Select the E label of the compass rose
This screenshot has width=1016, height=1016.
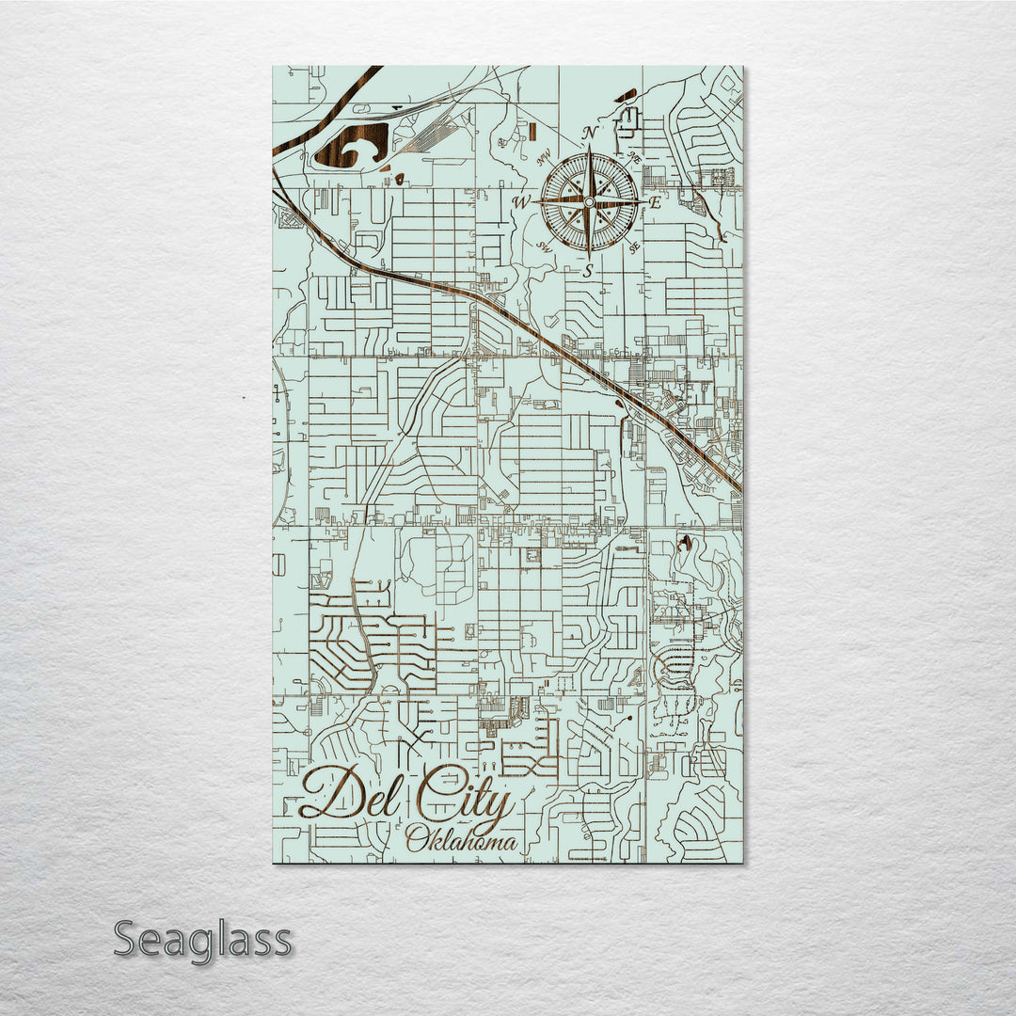(x=656, y=201)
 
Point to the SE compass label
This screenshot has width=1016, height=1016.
(x=635, y=247)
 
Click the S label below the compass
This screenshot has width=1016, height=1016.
(x=589, y=271)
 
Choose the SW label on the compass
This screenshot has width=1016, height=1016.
(x=544, y=247)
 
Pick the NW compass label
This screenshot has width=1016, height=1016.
(x=544, y=159)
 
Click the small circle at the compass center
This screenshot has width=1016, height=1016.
(x=590, y=201)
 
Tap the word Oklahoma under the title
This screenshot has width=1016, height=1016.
(x=461, y=840)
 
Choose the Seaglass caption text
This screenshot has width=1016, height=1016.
(x=202, y=939)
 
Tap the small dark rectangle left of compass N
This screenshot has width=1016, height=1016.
(x=532, y=131)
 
